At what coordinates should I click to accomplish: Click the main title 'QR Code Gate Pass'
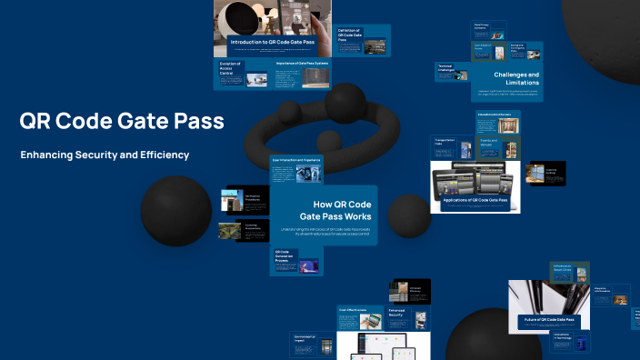122,121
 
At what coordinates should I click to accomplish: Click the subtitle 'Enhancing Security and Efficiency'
105,155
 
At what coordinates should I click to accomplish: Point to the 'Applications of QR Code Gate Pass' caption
475,198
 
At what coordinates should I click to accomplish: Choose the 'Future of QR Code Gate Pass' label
548,320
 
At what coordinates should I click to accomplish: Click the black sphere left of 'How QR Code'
176,212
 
